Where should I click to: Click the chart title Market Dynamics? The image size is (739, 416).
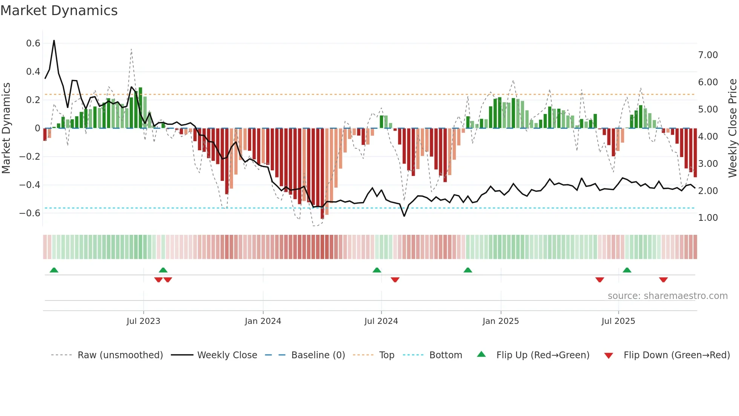pyautogui.click(x=59, y=11)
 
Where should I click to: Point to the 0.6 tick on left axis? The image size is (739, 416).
pyautogui.click(x=33, y=43)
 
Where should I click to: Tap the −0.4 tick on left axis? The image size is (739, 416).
pyautogui.click(x=30, y=185)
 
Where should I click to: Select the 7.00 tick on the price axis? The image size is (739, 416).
pyautogui.click(x=708, y=55)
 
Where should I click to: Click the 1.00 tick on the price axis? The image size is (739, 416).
pyautogui.click(x=708, y=218)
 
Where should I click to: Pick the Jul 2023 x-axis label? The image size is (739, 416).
pyautogui.click(x=143, y=321)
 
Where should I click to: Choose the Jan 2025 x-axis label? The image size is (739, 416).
pyautogui.click(x=500, y=321)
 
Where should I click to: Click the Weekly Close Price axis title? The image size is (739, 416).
pyautogui.click(x=732, y=128)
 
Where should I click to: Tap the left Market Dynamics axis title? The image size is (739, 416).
pyautogui.click(x=6, y=128)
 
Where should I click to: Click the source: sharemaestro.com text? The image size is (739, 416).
pyautogui.click(x=667, y=296)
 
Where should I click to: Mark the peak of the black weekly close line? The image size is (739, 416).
pyautogui.click(x=54, y=40)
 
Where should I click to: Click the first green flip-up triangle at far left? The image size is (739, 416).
pyautogui.click(x=54, y=270)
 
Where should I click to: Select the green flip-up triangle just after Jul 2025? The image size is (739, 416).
pyautogui.click(x=627, y=270)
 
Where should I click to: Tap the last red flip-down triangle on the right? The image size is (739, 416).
pyautogui.click(x=663, y=280)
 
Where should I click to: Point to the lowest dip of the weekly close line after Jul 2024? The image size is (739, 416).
pyautogui.click(x=404, y=216)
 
